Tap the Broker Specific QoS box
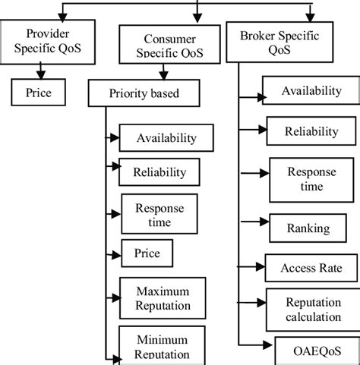[x=270, y=42]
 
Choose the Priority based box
[x=144, y=96]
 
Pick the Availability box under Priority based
[x=166, y=138]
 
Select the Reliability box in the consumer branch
[x=159, y=172]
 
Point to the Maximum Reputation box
[x=163, y=298]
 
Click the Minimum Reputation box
[x=163, y=346]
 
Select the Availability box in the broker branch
[x=311, y=91]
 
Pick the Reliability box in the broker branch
[x=311, y=131]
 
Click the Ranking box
[x=308, y=228]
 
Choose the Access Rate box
[x=311, y=268]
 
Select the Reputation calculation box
[x=313, y=309]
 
